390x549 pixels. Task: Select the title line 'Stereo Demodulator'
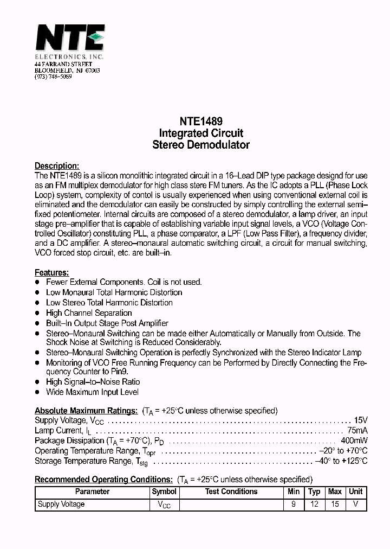200,145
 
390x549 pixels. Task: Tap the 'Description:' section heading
57,166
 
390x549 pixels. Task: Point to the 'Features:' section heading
51,272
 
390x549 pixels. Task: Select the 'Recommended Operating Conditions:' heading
103,480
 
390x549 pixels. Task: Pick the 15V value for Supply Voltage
360,420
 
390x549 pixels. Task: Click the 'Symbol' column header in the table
164,491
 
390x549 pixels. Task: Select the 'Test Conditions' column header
231,491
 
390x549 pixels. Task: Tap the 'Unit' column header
356,491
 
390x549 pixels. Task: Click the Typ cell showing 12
314,505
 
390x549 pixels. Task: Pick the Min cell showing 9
294,505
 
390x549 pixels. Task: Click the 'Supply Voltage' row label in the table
61,505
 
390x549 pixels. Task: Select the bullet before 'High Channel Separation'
37,313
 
